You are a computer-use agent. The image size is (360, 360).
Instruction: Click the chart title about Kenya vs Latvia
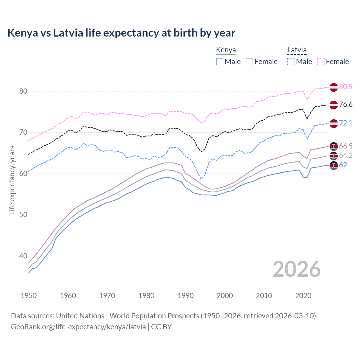[x=121, y=33]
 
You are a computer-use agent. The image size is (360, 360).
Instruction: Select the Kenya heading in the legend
[x=226, y=50]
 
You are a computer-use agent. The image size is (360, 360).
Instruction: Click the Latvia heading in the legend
[x=297, y=50]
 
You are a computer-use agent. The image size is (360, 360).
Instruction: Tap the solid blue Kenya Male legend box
[x=220, y=62]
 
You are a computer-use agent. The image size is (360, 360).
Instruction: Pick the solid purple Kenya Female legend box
[x=249, y=62]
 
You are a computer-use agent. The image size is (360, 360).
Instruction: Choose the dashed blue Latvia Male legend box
[x=291, y=62]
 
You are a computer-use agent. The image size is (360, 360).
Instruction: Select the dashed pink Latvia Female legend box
[x=321, y=62]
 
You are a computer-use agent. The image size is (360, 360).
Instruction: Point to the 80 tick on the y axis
[x=23, y=91]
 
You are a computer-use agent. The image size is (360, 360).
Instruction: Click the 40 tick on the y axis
[x=23, y=256]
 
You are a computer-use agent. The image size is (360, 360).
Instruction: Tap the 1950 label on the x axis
[x=29, y=296]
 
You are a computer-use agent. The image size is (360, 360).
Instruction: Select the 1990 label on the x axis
[x=186, y=296]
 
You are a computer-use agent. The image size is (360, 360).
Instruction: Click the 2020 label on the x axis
[x=303, y=296]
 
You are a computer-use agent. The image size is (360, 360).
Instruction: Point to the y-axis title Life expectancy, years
[x=12, y=180]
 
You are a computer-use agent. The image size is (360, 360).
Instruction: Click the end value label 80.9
[x=346, y=87]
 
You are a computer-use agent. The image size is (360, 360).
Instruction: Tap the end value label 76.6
[x=346, y=105]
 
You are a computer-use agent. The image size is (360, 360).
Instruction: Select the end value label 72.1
[x=346, y=123]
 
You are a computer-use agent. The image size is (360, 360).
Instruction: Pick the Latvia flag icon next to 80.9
[x=334, y=87]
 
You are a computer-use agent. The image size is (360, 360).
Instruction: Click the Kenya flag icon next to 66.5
[x=334, y=146]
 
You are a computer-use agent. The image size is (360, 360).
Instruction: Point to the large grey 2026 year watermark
[x=296, y=269]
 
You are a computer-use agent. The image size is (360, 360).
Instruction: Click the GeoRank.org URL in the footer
[x=78, y=327]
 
